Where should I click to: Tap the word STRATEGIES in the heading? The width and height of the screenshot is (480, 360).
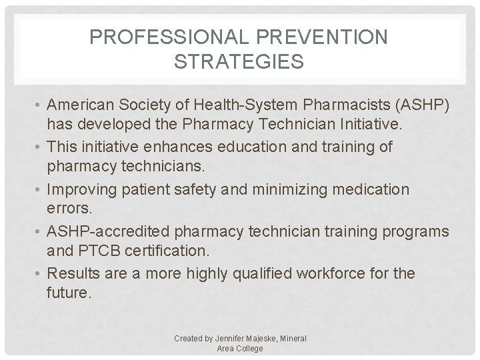click(238, 62)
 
